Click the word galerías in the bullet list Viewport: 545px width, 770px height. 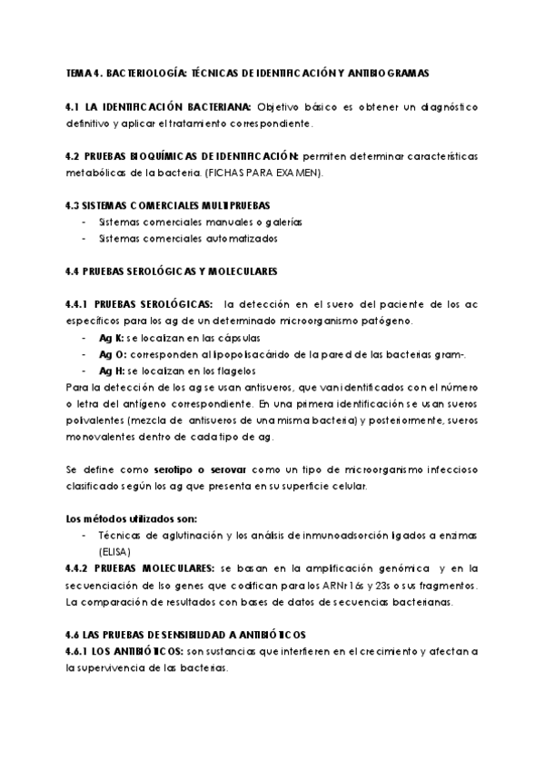tap(282, 222)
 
